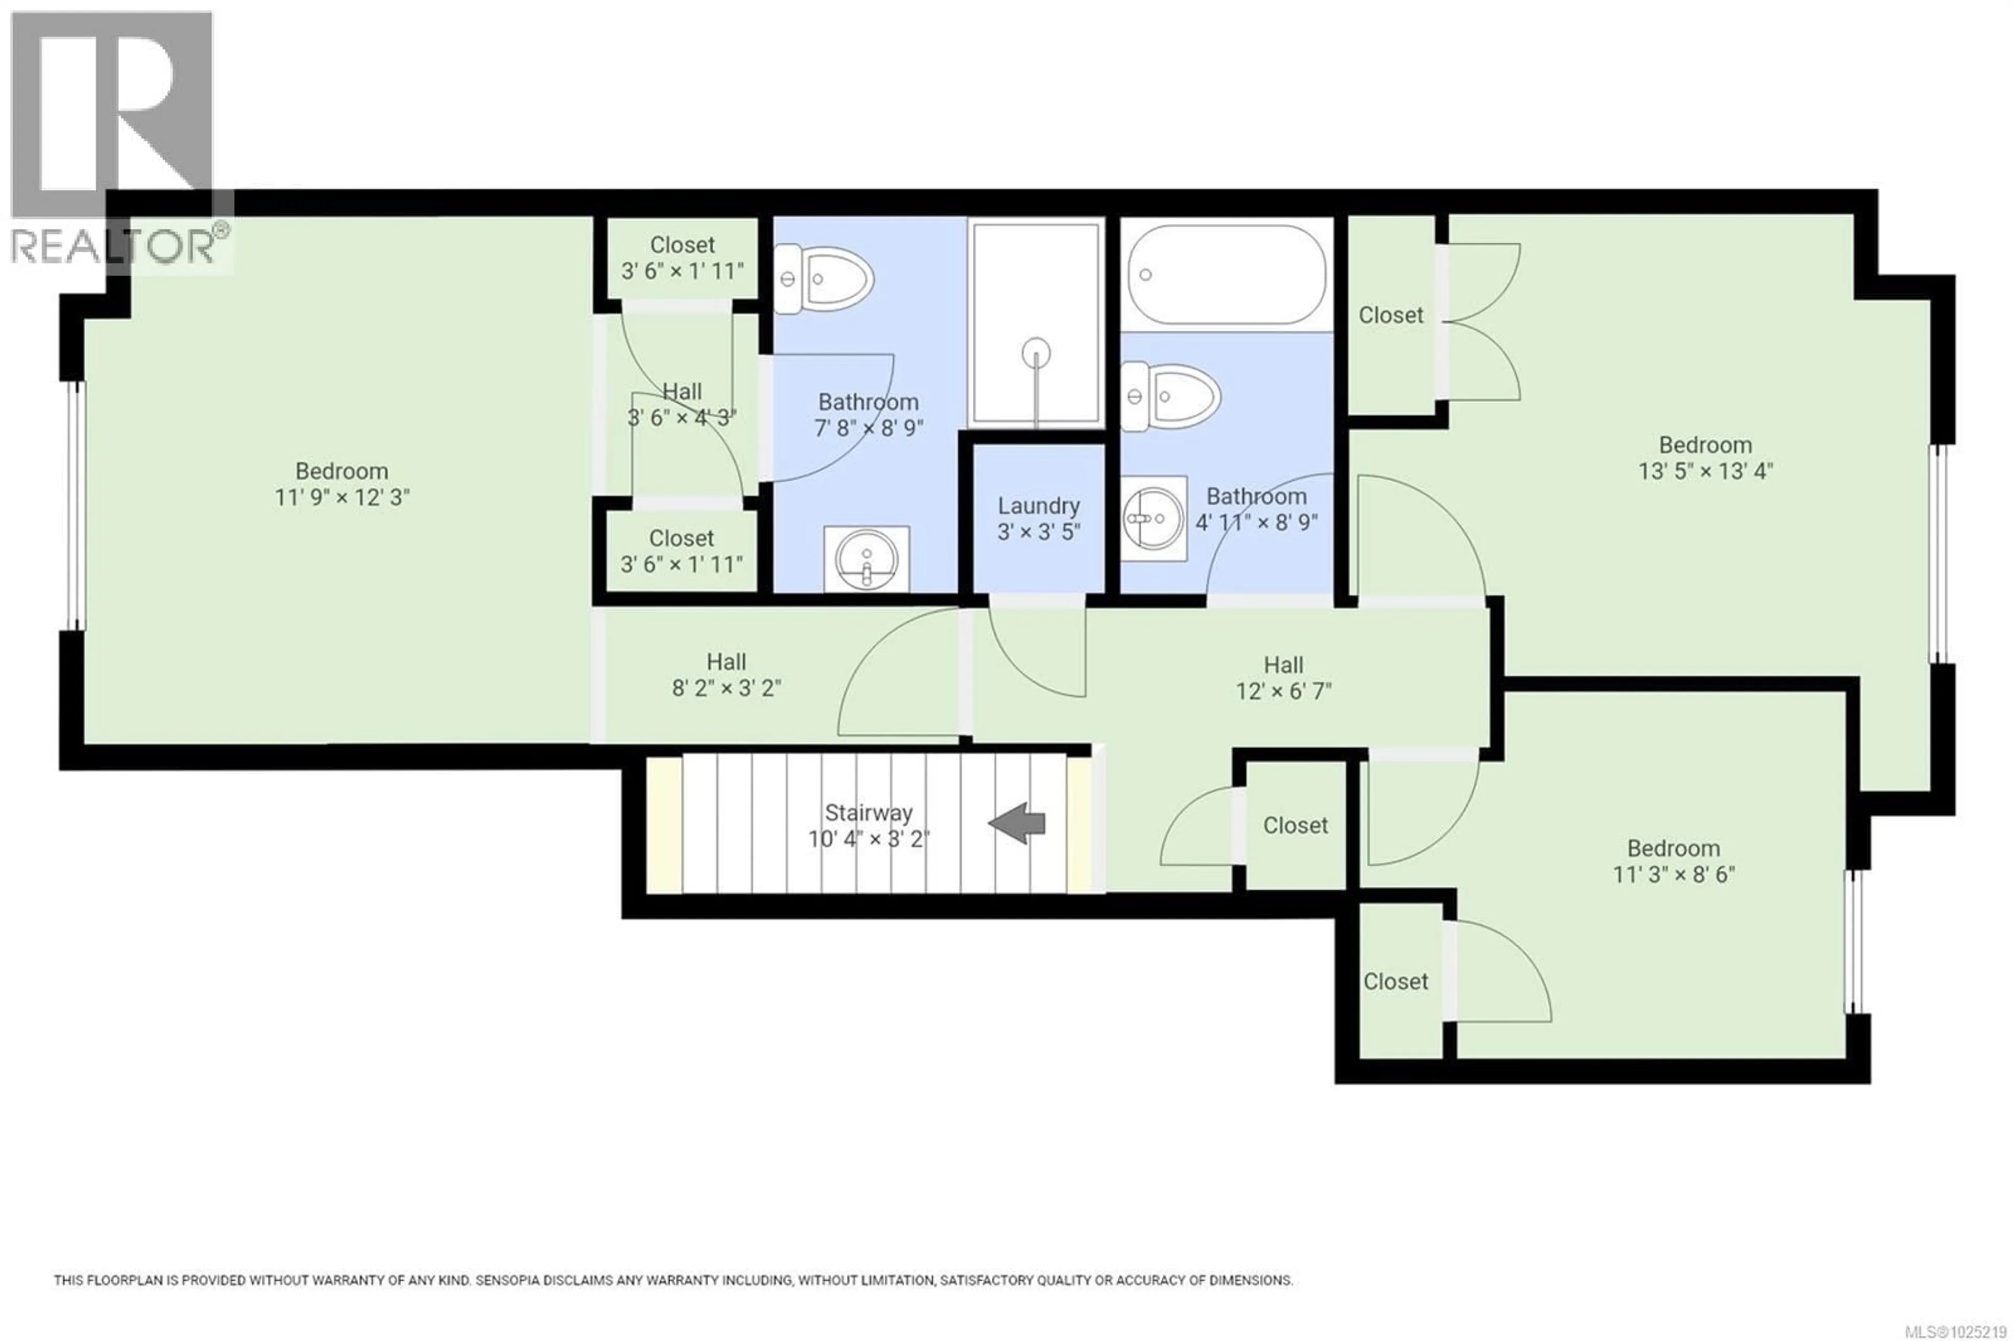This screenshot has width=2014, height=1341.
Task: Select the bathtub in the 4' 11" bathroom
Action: tap(1226, 275)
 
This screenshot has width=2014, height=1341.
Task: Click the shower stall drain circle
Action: tap(1036, 352)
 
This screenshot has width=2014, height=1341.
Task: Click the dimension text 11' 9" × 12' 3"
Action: tap(342, 498)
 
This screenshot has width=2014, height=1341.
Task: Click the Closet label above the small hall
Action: tap(682, 245)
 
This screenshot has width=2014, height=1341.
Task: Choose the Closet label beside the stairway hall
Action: tap(1295, 825)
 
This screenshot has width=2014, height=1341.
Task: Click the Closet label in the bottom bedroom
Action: tap(1396, 982)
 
